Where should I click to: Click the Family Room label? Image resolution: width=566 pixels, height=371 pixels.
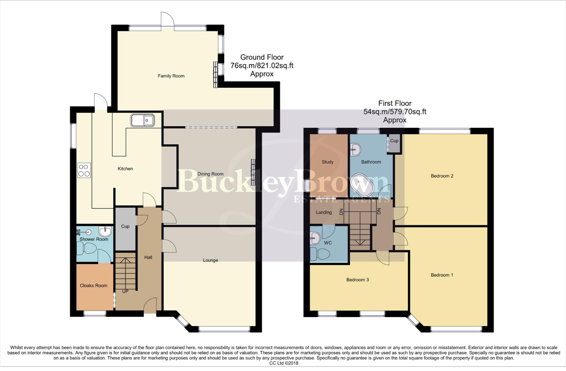pyautogui.click(x=171, y=76)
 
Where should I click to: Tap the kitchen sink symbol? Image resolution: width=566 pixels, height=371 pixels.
pyautogui.click(x=142, y=121)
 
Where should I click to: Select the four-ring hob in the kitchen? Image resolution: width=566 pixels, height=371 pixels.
pyautogui.click(x=84, y=170)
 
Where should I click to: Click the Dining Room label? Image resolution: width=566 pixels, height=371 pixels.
pyautogui.click(x=210, y=174)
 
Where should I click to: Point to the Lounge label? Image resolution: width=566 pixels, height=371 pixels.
pyautogui.click(x=210, y=260)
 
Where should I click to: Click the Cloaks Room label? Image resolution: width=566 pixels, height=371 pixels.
pyautogui.click(x=93, y=285)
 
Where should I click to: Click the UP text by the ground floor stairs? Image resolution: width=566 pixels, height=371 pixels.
pyautogui.click(x=125, y=291)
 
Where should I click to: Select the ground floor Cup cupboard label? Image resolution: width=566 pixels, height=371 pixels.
pyautogui.click(x=125, y=226)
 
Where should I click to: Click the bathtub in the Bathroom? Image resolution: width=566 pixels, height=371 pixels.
pyautogui.click(x=363, y=184)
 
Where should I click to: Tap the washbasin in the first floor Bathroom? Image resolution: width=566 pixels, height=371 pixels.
pyautogui.click(x=356, y=149)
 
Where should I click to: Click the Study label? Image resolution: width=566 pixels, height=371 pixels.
pyautogui.click(x=327, y=162)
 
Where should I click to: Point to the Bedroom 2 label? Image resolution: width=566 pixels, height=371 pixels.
pyautogui.click(x=442, y=176)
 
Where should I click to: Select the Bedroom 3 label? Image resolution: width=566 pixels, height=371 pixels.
pyautogui.click(x=357, y=280)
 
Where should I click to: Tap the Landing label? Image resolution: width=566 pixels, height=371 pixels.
pyautogui.click(x=324, y=212)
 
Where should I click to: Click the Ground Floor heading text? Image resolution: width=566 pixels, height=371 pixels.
pyautogui.click(x=262, y=57)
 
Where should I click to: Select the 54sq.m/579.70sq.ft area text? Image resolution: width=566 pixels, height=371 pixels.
pyautogui.click(x=395, y=112)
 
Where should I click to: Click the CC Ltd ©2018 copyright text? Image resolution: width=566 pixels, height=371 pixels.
pyautogui.click(x=284, y=363)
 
